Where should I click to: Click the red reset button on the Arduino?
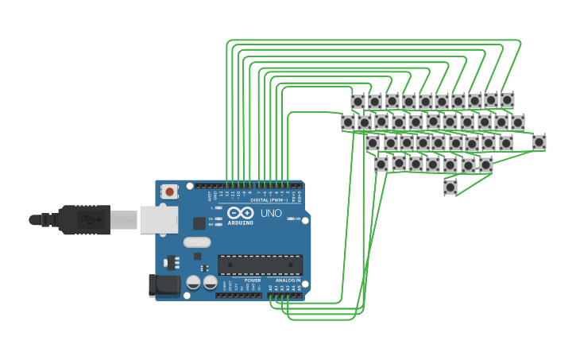point(169,191)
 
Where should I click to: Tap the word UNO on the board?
point(271,213)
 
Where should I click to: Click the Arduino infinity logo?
point(240,213)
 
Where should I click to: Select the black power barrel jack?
point(164,285)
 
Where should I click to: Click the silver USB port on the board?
point(158,219)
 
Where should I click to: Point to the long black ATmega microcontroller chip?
point(260,265)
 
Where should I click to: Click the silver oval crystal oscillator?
point(197,242)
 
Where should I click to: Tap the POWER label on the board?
point(253,281)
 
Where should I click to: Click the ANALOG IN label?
point(288,281)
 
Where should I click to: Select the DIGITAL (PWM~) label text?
point(269,200)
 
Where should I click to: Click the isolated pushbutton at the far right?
point(539,142)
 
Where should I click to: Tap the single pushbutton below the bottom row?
point(450,187)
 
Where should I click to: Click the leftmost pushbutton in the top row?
point(358,102)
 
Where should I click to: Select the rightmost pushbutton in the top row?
point(507,100)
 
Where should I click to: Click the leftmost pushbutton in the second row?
point(348,122)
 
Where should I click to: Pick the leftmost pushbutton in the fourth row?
point(381,164)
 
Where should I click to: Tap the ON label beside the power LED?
point(297,219)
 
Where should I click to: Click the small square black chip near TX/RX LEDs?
point(199,223)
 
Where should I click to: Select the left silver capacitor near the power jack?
point(193,282)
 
